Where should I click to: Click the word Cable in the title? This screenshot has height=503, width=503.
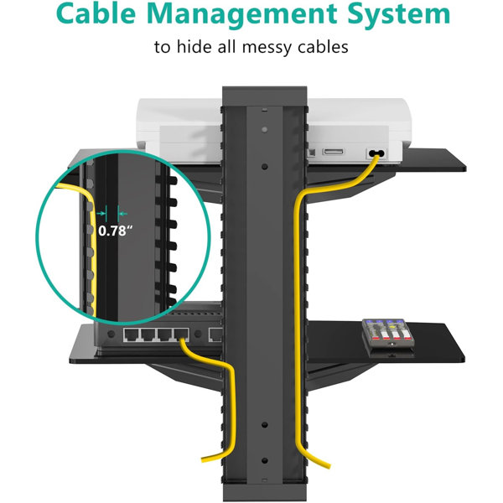coord(96,13)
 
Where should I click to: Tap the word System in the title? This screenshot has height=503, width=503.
coord(399,15)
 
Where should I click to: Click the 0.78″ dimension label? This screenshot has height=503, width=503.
coord(115,231)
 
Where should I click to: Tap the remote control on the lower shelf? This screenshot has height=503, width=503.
coord(388,334)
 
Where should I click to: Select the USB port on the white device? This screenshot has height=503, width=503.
coord(334,152)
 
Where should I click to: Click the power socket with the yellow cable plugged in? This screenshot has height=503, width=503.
coord(376,153)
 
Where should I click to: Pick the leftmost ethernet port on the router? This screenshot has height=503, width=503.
coord(132,334)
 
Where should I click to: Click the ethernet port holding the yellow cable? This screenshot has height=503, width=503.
coord(181,334)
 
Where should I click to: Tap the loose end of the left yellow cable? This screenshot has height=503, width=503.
coord(203,459)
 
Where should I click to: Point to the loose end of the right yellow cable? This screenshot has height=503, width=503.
coord(329,466)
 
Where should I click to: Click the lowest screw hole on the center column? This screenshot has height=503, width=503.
coord(265,460)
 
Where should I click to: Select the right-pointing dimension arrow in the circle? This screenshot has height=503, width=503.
coord(101,213)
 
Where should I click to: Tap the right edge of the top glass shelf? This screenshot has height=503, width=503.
coord(465,167)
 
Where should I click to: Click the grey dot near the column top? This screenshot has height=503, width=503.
coord(264,130)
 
